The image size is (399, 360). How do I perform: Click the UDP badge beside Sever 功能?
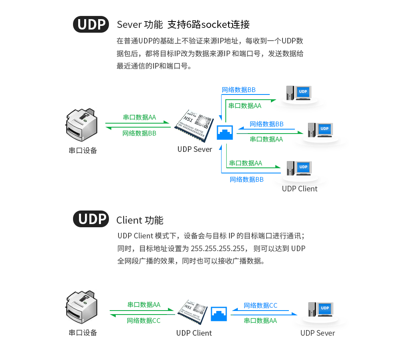(91, 24)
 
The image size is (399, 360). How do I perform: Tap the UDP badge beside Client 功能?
(91, 219)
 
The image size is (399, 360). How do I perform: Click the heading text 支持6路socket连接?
(208, 24)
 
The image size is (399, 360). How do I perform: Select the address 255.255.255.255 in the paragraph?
(217, 248)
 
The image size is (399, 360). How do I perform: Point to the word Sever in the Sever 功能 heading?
(129, 25)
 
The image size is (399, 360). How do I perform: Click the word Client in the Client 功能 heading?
(129, 220)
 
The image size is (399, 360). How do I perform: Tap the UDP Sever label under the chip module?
(194, 149)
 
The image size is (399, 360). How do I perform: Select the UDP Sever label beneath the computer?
(317, 333)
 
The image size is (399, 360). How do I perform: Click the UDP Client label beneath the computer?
(299, 189)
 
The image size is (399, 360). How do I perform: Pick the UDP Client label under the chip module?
(194, 333)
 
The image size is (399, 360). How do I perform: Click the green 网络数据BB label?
(139, 133)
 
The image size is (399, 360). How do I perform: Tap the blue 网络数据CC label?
(260, 305)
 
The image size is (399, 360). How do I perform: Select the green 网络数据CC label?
(144, 321)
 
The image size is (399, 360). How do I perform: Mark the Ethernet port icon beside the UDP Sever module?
(225, 132)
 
